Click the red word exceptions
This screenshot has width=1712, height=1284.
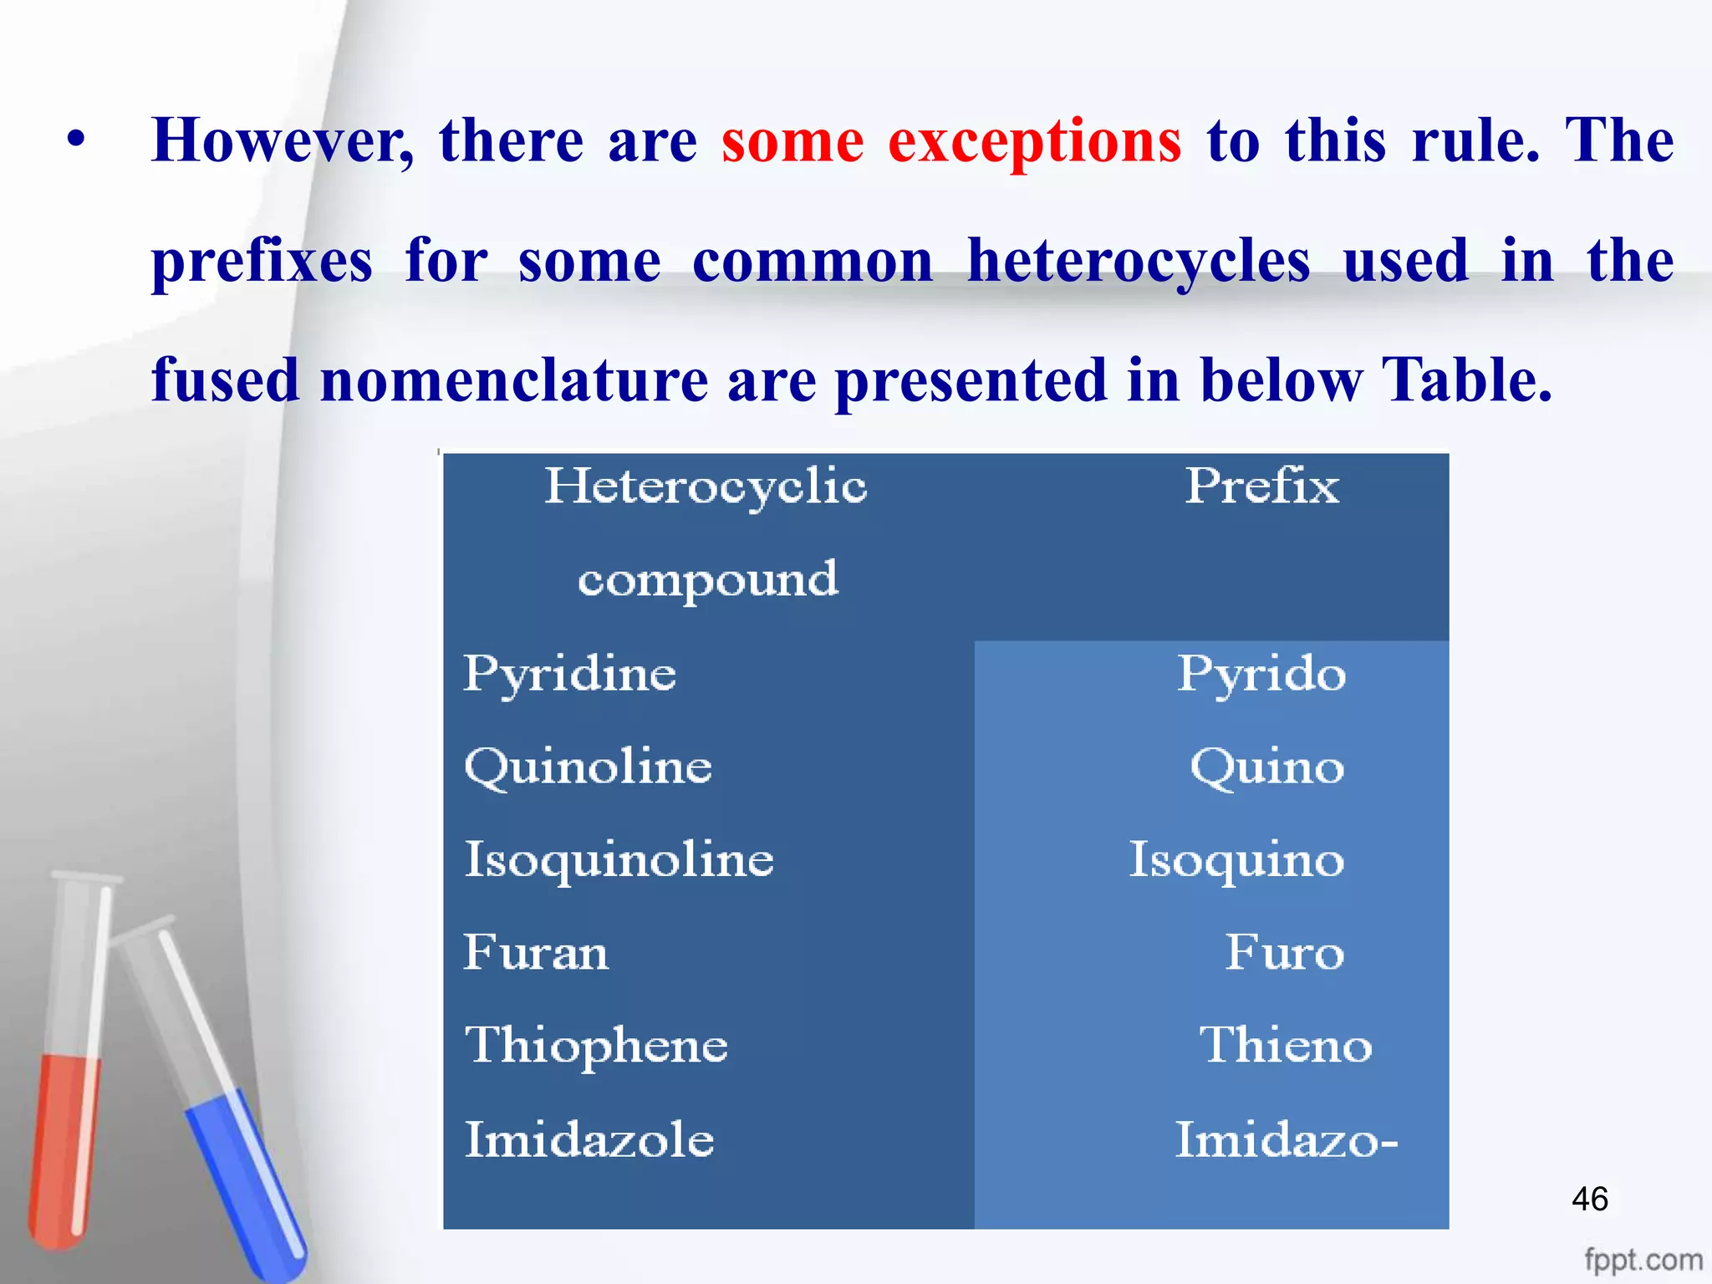click(x=1034, y=141)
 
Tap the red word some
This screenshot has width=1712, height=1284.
click(x=792, y=141)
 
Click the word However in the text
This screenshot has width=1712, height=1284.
click(x=282, y=141)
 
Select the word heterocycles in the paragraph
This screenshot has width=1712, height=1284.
click(x=1138, y=261)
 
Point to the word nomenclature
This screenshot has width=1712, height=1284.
click(x=513, y=381)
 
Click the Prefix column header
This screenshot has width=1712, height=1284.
click(x=1261, y=486)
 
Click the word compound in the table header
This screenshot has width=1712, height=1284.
click(x=707, y=578)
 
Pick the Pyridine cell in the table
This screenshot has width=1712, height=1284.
click(x=569, y=674)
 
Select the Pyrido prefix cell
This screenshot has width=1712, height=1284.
click(x=1261, y=674)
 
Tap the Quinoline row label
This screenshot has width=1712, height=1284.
click(x=588, y=767)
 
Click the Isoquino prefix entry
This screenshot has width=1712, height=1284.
click(x=1236, y=860)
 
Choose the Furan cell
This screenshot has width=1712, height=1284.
click(x=536, y=953)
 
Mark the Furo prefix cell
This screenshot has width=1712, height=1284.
click(x=1284, y=953)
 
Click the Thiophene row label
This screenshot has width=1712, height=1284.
click(x=596, y=1046)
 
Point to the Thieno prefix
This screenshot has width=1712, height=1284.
click(x=1285, y=1046)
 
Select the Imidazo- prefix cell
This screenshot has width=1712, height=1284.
click(x=1286, y=1140)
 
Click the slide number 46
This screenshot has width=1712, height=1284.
click(x=1589, y=1199)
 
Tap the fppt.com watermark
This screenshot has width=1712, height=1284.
click(x=1643, y=1259)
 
